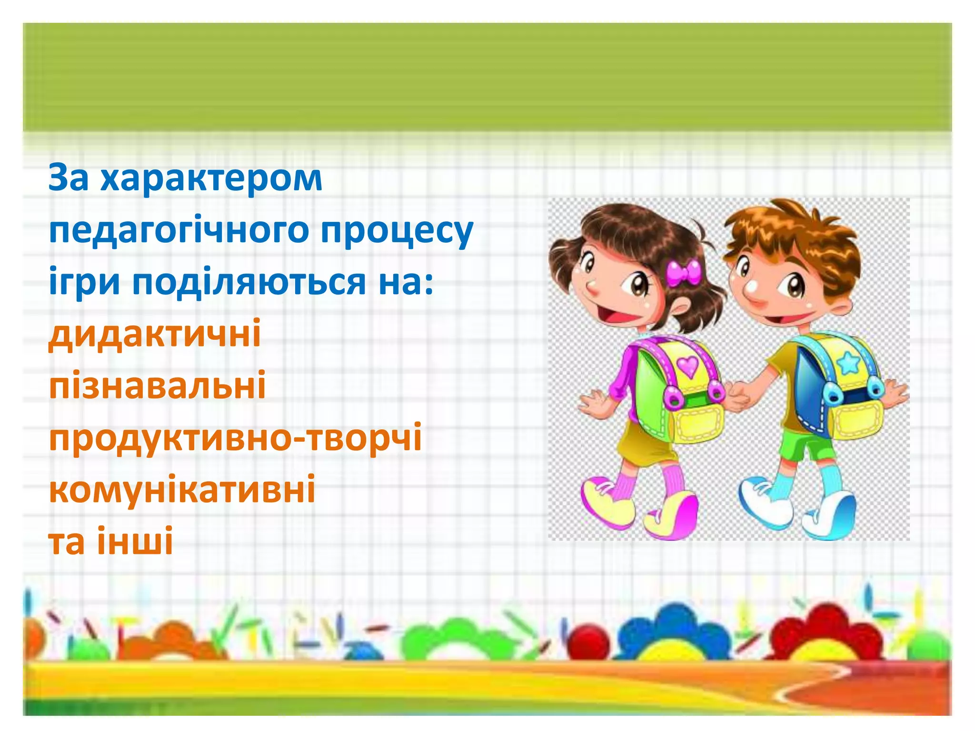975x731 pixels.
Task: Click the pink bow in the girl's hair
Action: tap(684, 272)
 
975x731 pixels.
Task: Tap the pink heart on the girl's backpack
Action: tap(686, 365)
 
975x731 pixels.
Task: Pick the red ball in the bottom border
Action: tap(590, 642)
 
